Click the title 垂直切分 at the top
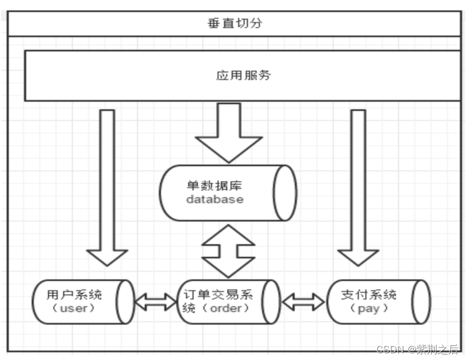click(x=234, y=24)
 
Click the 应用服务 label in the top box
click(x=243, y=75)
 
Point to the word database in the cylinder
click(x=215, y=199)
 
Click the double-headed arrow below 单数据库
click(x=228, y=251)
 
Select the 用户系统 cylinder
click(x=83, y=302)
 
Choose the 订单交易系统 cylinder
click(x=228, y=302)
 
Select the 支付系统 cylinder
click(x=378, y=302)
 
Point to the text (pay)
click(x=368, y=309)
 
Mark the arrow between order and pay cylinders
click(x=303, y=302)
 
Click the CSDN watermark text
click(x=390, y=350)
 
